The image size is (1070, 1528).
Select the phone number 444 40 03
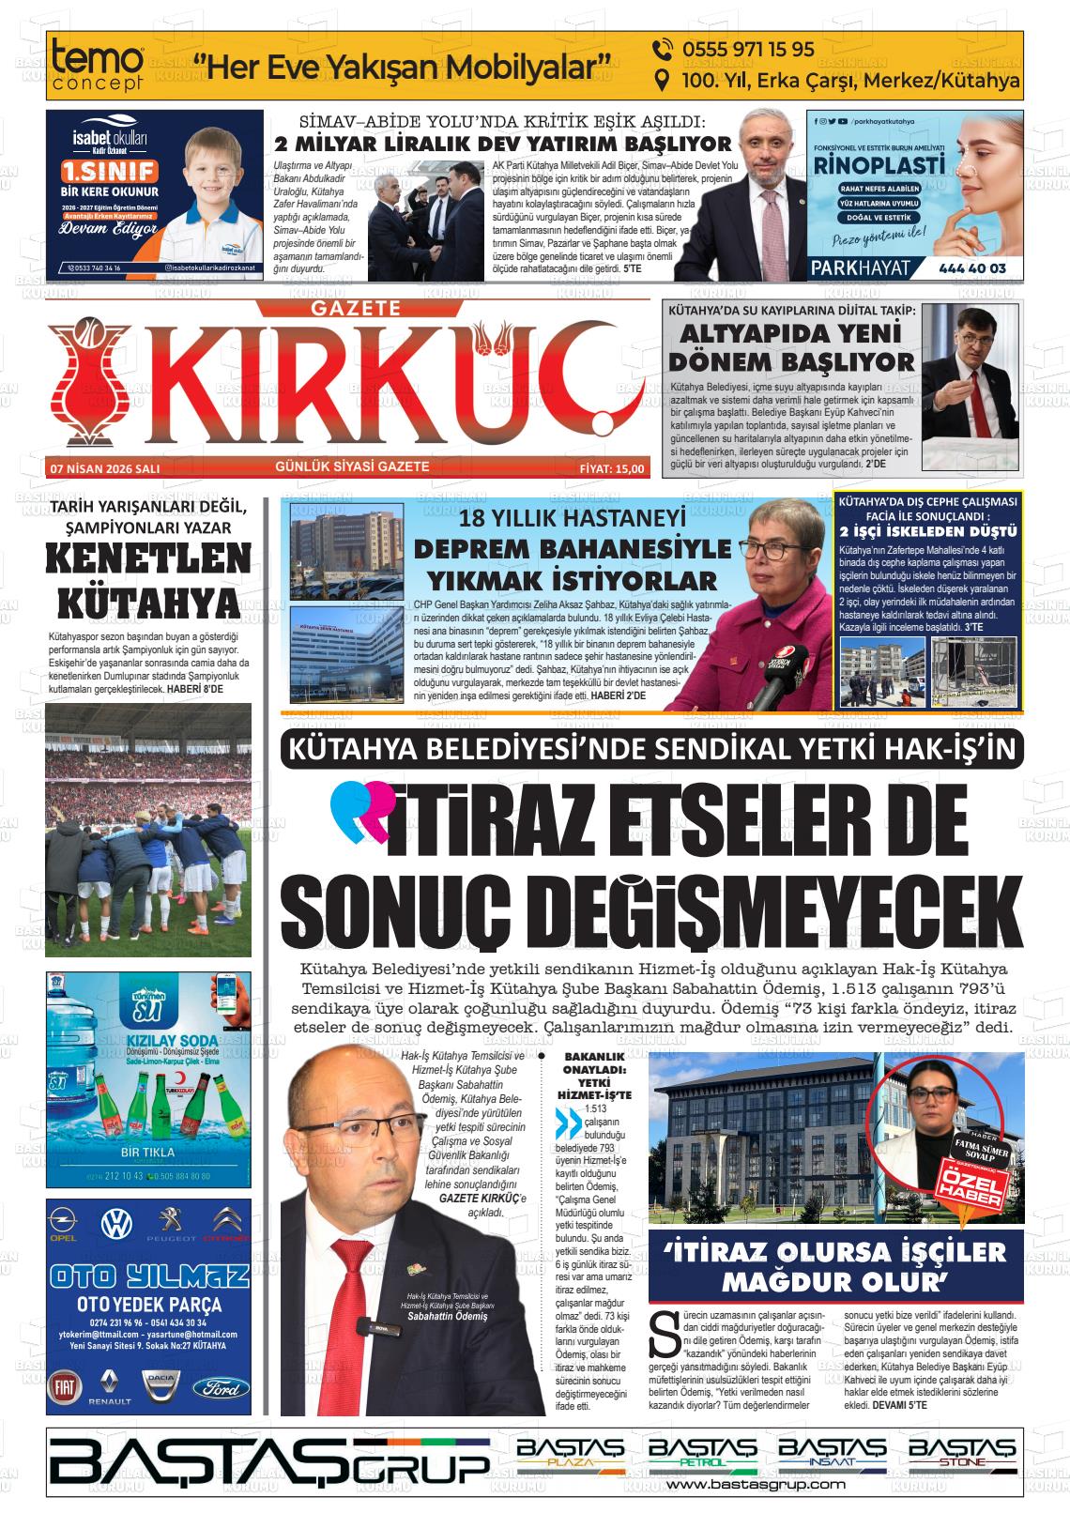coord(971,268)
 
